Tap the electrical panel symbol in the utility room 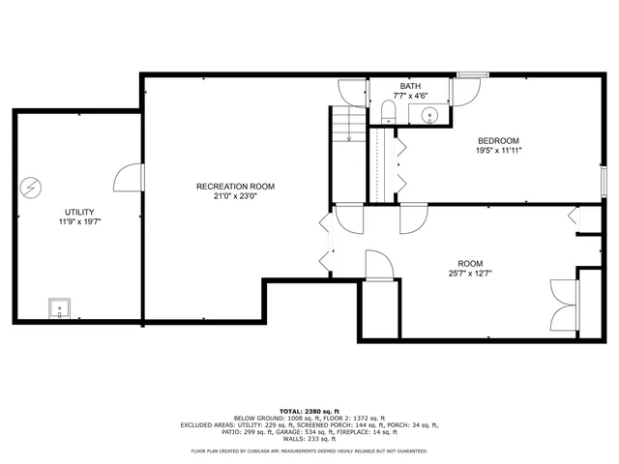click(x=32, y=187)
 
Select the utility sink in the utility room click(x=61, y=309)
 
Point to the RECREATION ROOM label click(x=235, y=186)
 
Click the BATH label click(x=410, y=86)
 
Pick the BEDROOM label click(x=497, y=140)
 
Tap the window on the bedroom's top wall click(x=472, y=74)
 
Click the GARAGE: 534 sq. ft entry click(x=318, y=432)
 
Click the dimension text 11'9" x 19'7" click(x=79, y=221)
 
